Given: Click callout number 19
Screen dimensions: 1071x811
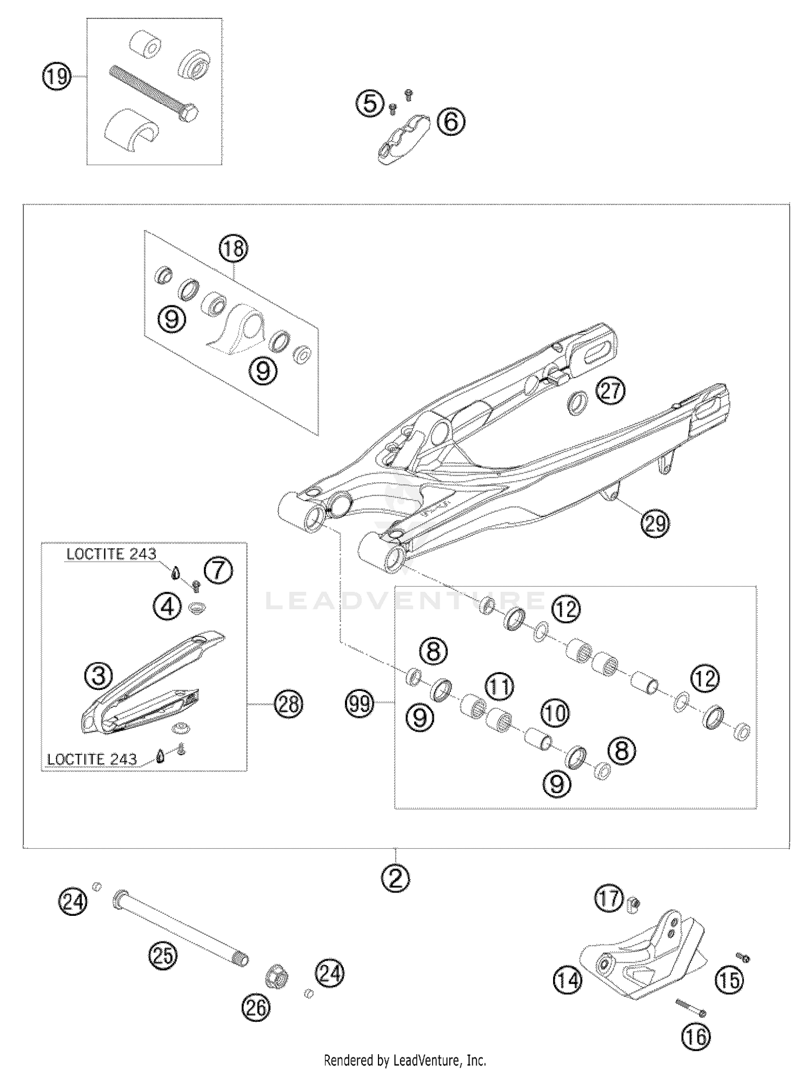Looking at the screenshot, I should [x=57, y=77].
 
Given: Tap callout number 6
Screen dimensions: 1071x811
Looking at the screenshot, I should [x=451, y=121].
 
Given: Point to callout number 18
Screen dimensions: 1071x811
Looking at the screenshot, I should [x=233, y=249].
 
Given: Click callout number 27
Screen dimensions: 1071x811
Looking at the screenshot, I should [x=610, y=391].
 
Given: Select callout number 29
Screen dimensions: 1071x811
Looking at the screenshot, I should [x=655, y=523].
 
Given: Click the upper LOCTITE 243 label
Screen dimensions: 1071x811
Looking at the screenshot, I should [x=111, y=554].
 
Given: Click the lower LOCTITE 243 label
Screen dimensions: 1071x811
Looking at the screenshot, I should [x=91, y=759].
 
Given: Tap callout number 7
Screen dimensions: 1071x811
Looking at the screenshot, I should [x=218, y=570].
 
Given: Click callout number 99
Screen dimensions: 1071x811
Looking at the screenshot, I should [x=360, y=704].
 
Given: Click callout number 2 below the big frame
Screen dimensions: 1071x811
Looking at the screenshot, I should [x=396, y=879].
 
